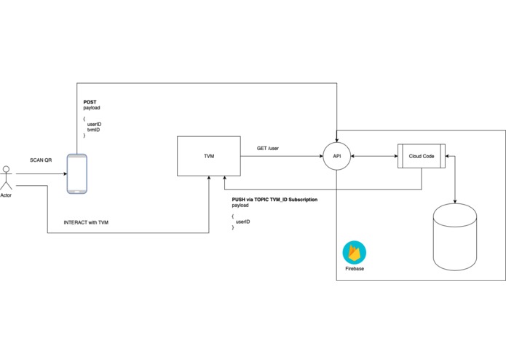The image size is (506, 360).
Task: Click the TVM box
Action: pyautogui.click(x=208, y=155)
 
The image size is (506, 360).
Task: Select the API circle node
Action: pyautogui.click(x=336, y=155)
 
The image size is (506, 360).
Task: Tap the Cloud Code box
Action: pyautogui.click(x=422, y=156)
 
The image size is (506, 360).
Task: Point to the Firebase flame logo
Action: pyautogui.click(x=355, y=252)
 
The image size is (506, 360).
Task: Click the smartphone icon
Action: pyautogui.click(x=76, y=173)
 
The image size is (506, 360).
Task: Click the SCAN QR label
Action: pyautogui.click(x=41, y=159)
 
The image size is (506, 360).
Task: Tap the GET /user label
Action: pyautogui.click(x=268, y=148)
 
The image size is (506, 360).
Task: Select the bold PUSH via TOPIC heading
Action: pyautogui.click(x=269, y=199)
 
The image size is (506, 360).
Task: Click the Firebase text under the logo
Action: pyautogui.click(x=355, y=269)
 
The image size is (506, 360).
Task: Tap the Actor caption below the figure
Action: pyautogui.click(x=7, y=195)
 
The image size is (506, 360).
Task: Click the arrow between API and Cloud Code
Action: pyautogui.click(x=372, y=155)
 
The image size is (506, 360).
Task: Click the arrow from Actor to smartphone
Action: pyautogui.click(x=40, y=173)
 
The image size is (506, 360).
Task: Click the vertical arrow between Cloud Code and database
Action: pyautogui.click(x=456, y=179)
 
